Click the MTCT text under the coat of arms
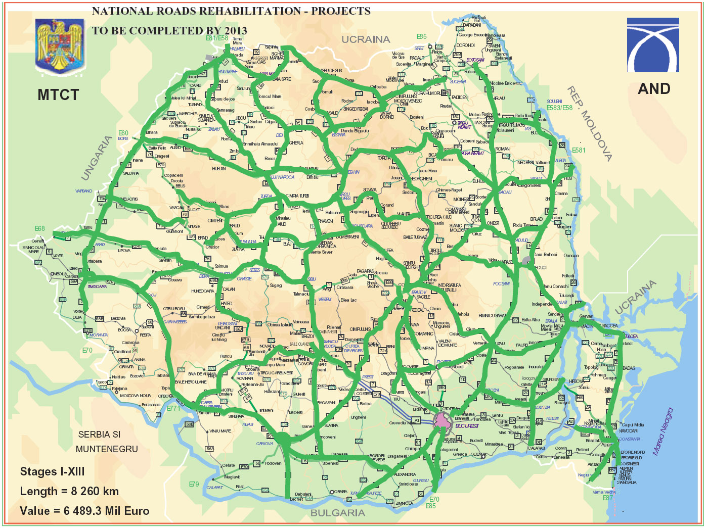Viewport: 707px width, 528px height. pyautogui.click(x=58, y=95)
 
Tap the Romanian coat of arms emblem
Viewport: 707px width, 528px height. pyautogui.click(x=59, y=45)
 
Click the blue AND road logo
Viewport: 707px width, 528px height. pyautogui.click(x=653, y=45)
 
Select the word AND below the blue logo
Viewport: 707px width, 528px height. pyautogui.click(x=654, y=89)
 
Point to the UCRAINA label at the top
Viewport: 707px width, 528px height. pyautogui.click(x=366, y=39)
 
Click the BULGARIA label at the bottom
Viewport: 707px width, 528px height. pyautogui.click(x=337, y=513)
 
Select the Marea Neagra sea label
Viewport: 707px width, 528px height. pyautogui.click(x=662, y=431)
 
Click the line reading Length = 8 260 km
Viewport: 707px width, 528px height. pyautogui.click(x=69, y=491)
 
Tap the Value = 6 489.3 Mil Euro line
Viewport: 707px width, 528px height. pyautogui.click(x=84, y=511)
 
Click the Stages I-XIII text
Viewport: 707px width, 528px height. pyautogui.click(x=52, y=471)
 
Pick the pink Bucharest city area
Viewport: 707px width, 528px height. pyautogui.click(x=443, y=419)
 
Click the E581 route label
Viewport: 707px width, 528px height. pyautogui.click(x=579, y=150)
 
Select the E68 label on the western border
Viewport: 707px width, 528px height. pyautogui.click(x=39, y=229)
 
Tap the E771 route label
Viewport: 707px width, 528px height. pyautogui.click(x=173, y=408)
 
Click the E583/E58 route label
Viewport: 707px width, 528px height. pyautogui.click(x=559, y=108)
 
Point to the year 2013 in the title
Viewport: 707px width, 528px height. pyautogui.click(x=236, y=31)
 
